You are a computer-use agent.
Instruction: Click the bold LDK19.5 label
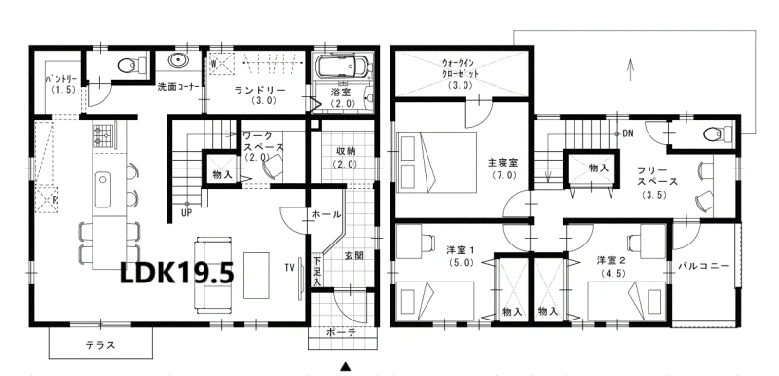177,272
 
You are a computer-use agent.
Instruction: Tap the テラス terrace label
100,344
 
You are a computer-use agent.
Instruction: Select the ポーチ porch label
340,333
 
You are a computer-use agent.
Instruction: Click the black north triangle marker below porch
346,366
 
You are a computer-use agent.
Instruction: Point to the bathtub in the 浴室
342,65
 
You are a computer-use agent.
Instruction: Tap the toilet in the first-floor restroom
131,64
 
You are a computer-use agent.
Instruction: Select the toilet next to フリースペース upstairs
718,133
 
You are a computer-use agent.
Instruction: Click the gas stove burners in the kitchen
103,135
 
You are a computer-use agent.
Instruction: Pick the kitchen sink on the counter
103,190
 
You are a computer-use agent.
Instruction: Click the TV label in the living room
289,268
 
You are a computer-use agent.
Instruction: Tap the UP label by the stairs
187,213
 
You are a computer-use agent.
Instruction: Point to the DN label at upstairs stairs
627,133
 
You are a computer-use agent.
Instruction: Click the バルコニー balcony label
704,266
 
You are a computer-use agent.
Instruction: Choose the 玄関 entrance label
353,256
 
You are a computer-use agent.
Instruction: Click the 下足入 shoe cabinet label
316,271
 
